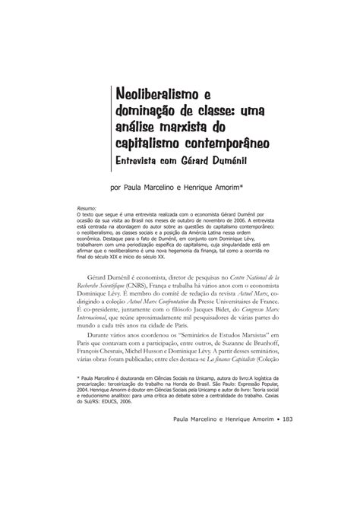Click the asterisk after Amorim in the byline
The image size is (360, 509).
262,184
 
